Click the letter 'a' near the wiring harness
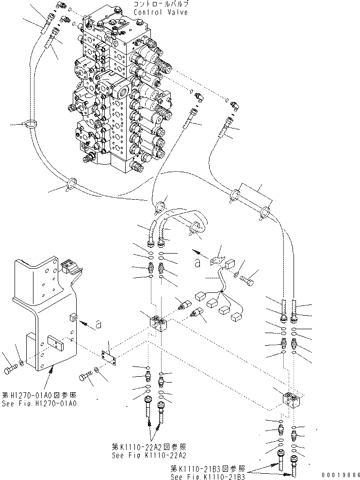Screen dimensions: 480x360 pyautogui.click(x=197, y=263)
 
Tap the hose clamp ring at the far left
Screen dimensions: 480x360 pyautogui.click(x=31, y=125)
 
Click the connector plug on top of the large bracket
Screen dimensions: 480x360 pyautogui.click(x=68, y=266)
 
